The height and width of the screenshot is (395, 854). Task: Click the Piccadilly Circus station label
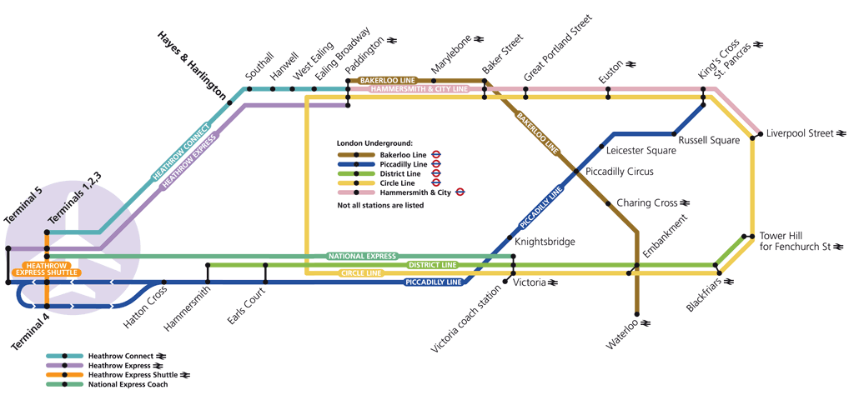coord(620,172)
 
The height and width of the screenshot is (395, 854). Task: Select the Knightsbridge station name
coord(545,242)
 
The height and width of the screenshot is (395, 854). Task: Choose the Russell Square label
coord(709,140)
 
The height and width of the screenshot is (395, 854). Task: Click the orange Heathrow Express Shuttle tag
coord(47,268)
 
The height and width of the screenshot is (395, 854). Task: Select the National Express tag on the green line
coord(361,256)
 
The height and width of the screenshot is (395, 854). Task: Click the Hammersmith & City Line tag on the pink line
coord(414,88)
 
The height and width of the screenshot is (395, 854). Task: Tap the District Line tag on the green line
coord(433,265)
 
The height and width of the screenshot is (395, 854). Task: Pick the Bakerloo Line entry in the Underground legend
coord(403,155)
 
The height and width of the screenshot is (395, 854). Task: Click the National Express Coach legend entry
coord(128,384)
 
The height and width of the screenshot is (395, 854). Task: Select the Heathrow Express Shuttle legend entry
coord(130,375)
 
